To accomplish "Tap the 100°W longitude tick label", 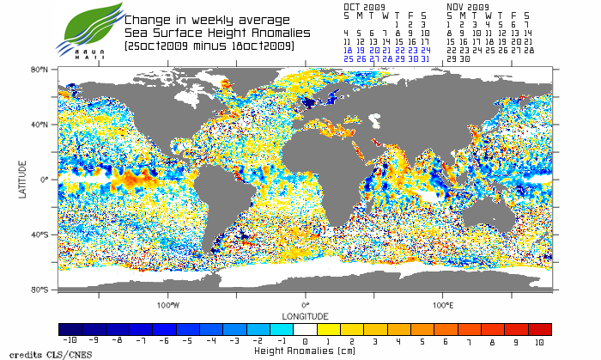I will point(168,305).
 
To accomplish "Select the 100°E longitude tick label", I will point(442,305).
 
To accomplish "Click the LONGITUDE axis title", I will point(305,315).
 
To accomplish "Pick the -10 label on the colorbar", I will point(70,340).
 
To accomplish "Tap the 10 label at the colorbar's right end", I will point(538,340).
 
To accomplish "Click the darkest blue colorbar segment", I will point(70,329).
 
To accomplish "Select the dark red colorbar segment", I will point(539,329).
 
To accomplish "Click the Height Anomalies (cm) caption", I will point(305,351).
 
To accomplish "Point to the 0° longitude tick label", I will point(305,305).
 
